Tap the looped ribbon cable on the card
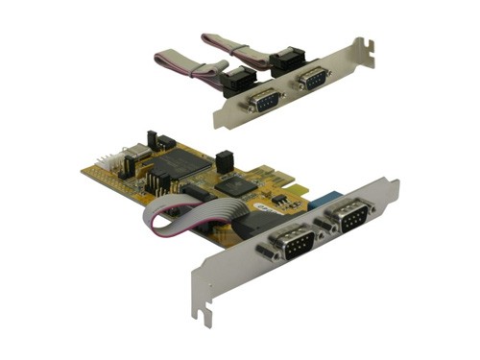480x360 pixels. point(163,220)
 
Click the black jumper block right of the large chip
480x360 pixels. point(224,160)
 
